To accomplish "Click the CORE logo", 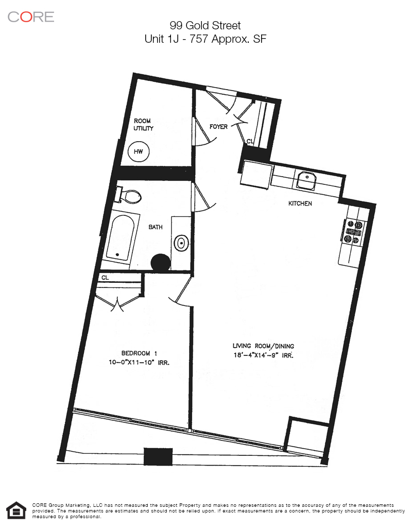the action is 31,17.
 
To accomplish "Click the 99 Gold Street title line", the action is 205,25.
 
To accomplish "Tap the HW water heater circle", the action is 139,151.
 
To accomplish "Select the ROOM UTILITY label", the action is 143,125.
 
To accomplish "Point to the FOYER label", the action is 218,127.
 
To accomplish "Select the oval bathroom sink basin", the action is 181,243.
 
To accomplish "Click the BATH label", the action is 156,227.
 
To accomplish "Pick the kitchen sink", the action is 306,179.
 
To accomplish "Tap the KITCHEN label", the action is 300,203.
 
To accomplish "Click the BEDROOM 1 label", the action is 139,353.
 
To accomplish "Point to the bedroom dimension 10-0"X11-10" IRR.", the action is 139,363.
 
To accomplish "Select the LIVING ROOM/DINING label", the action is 263,346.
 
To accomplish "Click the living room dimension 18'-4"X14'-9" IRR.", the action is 263,355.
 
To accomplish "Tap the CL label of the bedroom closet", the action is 105,278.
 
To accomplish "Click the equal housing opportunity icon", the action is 16,510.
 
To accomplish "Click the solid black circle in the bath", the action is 161,262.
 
